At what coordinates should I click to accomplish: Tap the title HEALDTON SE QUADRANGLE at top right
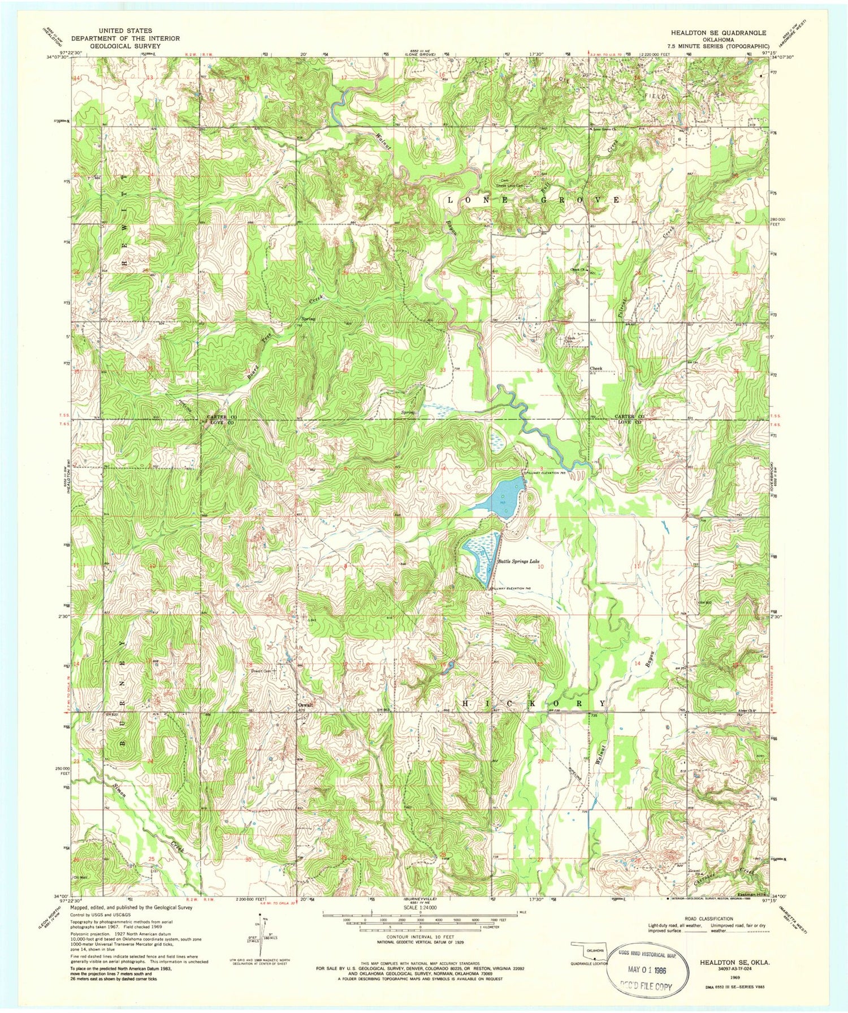click(x=718, y=33)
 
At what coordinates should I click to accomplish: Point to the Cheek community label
click(x=596, y=368)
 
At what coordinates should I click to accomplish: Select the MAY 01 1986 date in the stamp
click(x=649, y=968)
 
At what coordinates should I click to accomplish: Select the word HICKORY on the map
click(x=534, y=703)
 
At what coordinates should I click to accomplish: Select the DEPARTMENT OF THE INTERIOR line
click(x=125, y=38)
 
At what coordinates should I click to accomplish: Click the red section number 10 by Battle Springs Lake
click(x=540, y=566)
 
